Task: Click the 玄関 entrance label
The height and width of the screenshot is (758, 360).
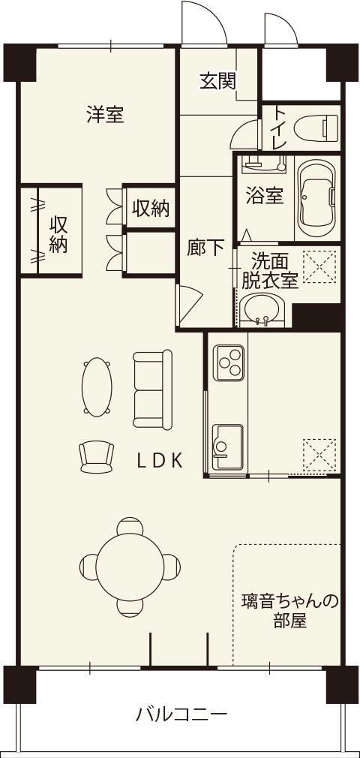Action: [x=218, y=82]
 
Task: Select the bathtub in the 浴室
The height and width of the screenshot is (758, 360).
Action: [x=316, y=197]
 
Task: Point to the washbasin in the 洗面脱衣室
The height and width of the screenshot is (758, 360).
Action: [x=262, y=311]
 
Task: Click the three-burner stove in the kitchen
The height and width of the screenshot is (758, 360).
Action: [x=229, y=362]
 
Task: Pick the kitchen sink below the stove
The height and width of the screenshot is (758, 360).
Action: [x=227, y=447]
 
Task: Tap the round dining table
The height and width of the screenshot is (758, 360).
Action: [x=130, y=565]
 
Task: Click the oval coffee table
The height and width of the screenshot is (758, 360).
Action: [x=97, y=387]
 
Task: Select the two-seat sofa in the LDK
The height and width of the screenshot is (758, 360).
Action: [x=153, y=390]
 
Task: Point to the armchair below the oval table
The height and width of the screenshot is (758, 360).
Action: [x=97, y=457]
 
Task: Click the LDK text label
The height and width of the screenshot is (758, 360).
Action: [x=160, y=462]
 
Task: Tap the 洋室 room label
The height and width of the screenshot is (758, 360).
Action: [x=105, y=114]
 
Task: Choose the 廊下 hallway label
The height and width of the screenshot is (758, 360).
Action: [x=205, y=248]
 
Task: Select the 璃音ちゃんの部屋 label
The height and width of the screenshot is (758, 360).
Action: [x=289, y=610]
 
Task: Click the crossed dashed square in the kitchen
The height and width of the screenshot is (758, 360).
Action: [x=319, y=455]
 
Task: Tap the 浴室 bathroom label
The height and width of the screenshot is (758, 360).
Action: [x=264, y=196]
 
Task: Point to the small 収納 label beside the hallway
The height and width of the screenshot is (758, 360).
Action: [x=151, y=209]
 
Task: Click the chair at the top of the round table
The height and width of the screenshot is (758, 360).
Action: [x=130, y=525]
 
